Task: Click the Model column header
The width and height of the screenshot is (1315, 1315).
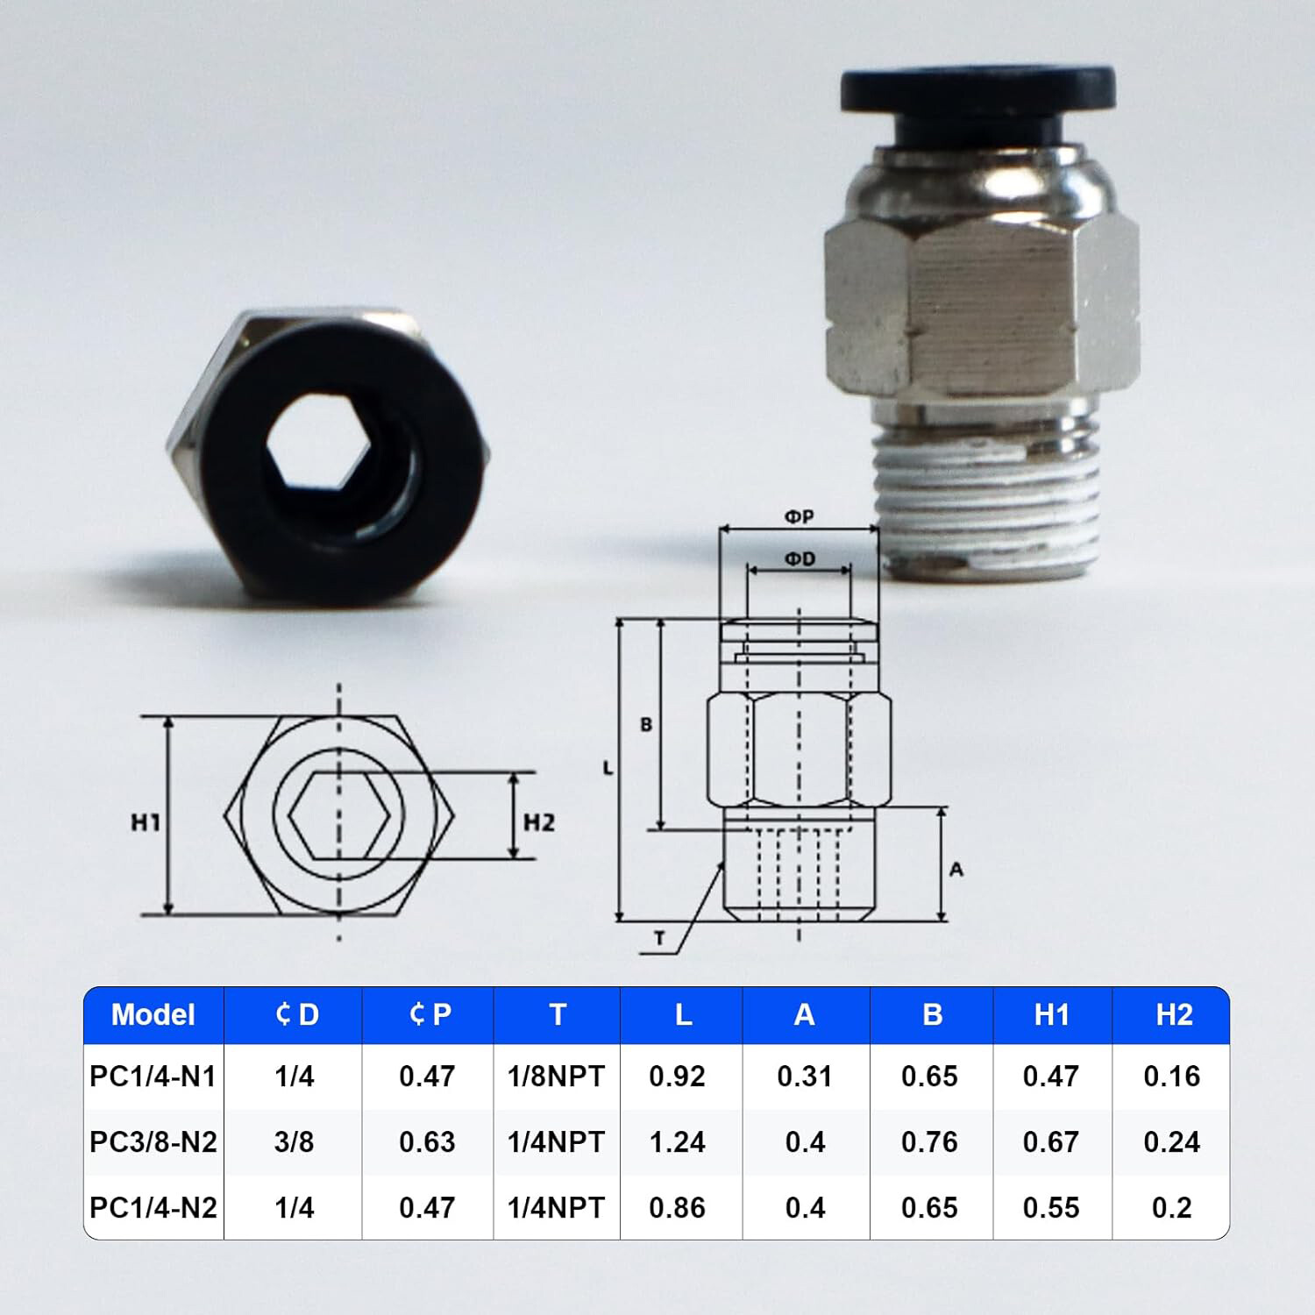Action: tap(153, 1014)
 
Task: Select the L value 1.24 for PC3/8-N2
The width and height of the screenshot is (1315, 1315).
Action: tap(677, 1141)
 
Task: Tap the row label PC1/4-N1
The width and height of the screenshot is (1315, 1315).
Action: tap(153, 1076)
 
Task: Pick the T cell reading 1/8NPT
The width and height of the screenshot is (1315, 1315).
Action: tap(556, 1076)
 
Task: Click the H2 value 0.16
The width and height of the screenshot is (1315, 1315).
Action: tap(1171, 1076)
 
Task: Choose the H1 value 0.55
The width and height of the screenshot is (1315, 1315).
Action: tap(1050, 1207)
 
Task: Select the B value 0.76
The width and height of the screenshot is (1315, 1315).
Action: tap(929, 1141)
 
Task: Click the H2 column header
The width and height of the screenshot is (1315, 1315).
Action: tap(1173, 1014)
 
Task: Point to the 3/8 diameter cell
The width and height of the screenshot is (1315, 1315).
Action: tap(294, 1141)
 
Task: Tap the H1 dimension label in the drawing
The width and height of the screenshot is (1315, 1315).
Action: tap(146, 822)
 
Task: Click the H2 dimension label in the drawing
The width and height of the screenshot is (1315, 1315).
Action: tap(538, 822)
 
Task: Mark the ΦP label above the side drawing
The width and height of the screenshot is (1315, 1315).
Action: tap(799, 517)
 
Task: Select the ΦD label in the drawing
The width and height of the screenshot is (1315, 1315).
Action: tap(799, 558)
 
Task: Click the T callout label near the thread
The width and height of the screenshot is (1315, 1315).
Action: tap(659, 939)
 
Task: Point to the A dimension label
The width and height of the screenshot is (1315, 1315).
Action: tap(956, 869)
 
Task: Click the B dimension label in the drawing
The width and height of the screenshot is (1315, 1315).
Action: tap(646, 725)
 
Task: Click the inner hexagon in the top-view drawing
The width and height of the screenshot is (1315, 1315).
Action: tap(338, 814)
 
